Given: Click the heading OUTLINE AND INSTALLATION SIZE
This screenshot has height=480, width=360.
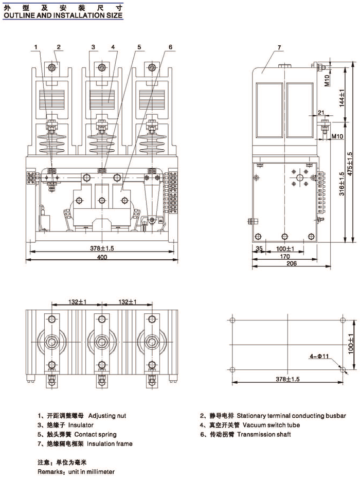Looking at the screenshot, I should click(x=63, y=15).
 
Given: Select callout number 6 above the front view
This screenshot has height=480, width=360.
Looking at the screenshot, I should click(x=170, y=47).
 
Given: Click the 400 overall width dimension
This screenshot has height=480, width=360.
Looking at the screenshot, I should click(x=102, y=257).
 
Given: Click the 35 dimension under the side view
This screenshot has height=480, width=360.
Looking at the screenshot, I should click(x=259, y=248).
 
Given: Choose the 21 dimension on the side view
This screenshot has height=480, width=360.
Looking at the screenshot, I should click(x=320, y=112).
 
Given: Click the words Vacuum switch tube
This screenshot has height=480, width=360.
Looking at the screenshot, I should click(x=271, y=425).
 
